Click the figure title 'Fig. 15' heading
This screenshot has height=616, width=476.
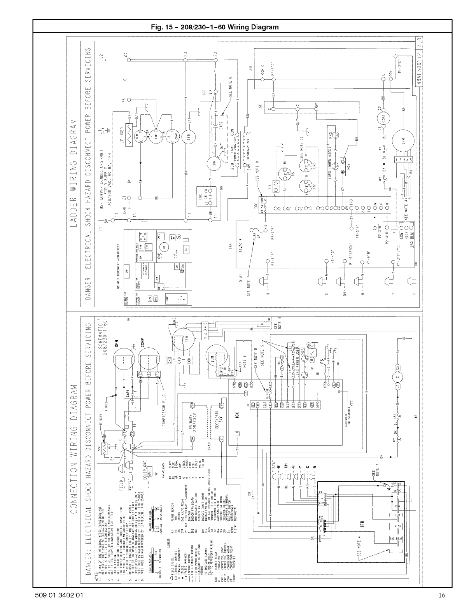[x=215, y=27]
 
